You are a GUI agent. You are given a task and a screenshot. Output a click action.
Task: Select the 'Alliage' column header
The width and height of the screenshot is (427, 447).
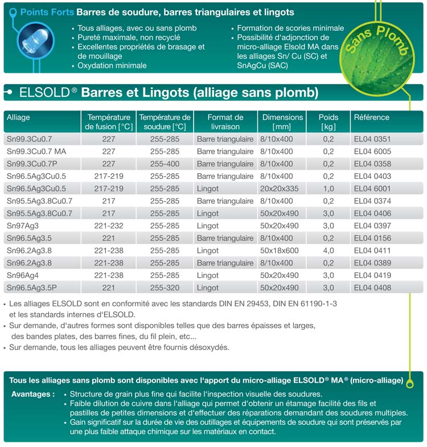click(x=18, y=117)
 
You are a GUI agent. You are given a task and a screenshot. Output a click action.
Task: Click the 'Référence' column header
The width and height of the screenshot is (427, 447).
click(x=372, y=117)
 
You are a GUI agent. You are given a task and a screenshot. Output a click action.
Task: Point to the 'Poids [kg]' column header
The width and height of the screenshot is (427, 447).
click(x=329, y=122)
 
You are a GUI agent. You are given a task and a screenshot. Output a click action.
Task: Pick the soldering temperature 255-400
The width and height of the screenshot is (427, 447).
click(x=165, y=164)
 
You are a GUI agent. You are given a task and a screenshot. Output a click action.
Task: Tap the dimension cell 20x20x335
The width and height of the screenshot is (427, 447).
click(x=279, y=188)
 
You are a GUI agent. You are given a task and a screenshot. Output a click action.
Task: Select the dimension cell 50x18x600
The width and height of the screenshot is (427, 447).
click(x=279, y=251)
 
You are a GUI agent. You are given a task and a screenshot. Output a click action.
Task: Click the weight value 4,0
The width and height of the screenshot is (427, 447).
click(x=329, y=251)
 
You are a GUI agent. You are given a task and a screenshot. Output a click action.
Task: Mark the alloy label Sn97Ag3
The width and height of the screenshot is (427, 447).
click(x=22, y=226)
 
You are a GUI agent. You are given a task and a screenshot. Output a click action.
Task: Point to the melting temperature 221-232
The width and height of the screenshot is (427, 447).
click(x=109, y=226)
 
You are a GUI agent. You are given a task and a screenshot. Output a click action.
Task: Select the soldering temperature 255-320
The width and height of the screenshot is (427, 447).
click(x=165, y=288)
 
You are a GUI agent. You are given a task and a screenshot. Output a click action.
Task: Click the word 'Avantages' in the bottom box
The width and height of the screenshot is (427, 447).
click(x=32, y=394)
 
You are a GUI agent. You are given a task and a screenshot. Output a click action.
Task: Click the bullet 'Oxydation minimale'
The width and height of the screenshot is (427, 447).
click(x=112, y=65)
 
